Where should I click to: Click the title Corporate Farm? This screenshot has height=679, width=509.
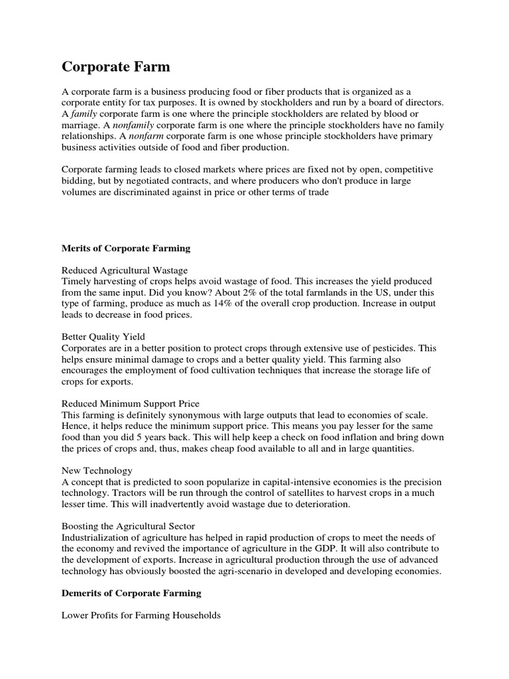tap(116, 66)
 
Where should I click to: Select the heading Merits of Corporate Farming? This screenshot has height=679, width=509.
tap(126, 248)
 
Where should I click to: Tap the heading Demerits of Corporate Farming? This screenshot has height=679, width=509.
tap(131, 593)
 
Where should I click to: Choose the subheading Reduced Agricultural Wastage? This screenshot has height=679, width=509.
tap(125, 270)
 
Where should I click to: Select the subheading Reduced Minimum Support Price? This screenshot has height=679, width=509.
tap(131, 403)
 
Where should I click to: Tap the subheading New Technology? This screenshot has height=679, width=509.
tap(97, 470)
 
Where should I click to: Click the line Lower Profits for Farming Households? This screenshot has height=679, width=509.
tap(141, 615)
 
